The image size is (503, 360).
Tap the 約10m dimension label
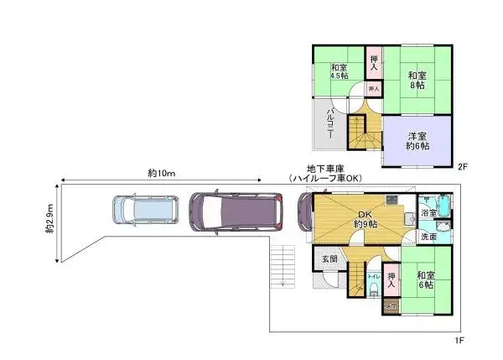coord(160,174)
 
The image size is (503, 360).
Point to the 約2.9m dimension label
coord(50,220)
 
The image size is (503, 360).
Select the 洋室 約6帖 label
coord(418,141)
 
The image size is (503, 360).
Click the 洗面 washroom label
coord(428,237)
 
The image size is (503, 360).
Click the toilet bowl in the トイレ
coord(374,288)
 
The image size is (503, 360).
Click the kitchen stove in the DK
coord(392,200)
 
